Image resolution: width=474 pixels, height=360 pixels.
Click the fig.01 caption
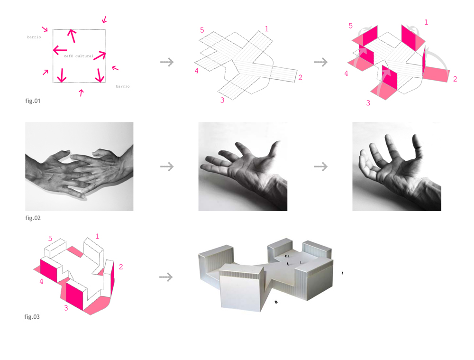coord(33,101)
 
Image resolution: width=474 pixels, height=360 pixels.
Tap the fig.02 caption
coord(33,218)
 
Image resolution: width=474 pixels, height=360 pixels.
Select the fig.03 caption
coord(32,317)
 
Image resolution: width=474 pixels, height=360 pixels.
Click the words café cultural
coord(79,56)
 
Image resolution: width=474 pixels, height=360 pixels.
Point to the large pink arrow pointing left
coord(60,50)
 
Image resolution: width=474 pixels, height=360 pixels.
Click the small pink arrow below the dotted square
coord(81,92)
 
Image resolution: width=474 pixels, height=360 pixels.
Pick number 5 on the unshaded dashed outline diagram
coord(202,30)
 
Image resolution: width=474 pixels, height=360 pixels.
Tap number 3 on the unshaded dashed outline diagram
coord(222,100)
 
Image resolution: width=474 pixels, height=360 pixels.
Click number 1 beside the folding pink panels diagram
coord(426,22)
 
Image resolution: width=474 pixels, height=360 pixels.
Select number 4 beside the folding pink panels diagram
coord(346,73)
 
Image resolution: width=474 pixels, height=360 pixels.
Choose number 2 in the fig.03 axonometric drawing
coord(121,267)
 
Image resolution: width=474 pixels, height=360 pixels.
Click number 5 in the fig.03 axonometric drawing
coord(50,239)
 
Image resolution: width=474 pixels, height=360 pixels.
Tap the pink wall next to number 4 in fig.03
coord(48,271)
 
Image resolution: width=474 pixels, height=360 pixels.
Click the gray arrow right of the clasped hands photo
coord(167,166)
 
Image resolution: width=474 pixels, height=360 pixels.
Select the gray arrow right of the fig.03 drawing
coord(166,277)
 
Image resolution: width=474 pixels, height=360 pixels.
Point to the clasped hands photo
coord(79,166)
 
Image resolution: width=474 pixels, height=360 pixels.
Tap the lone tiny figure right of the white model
coord(342,273)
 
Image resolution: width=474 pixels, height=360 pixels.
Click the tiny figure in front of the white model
coord(276,302)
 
